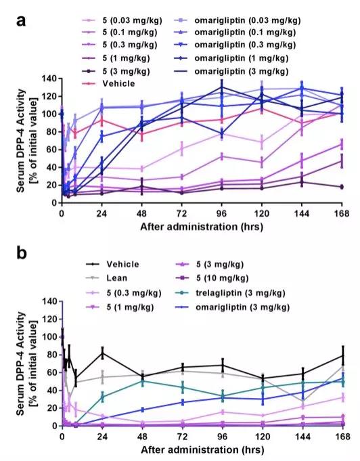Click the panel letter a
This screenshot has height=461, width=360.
pos(21,21)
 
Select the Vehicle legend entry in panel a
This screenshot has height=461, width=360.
pos(108,84)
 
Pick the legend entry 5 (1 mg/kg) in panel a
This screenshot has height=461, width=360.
pos(116,58)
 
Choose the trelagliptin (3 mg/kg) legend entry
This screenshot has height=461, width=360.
pos(230,293)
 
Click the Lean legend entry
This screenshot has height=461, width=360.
pos(107,278)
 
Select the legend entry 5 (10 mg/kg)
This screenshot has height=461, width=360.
pos(212,278)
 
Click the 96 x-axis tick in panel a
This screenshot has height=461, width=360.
pos(221,213)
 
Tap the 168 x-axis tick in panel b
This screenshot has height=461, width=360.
pos(342,437)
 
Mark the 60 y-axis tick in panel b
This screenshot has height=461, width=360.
pos(51,372)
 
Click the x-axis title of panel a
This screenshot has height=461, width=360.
pos(202,227)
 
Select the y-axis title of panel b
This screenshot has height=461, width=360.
pos(26,364)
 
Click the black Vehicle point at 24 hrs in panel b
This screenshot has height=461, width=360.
pos(102,353)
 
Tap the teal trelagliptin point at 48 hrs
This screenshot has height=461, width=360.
pos(143,381)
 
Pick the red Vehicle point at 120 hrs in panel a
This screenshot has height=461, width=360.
pos(262,109)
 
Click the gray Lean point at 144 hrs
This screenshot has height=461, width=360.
pos(302,401)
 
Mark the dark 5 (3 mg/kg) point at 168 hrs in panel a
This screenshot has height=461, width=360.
pos(342,187)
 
